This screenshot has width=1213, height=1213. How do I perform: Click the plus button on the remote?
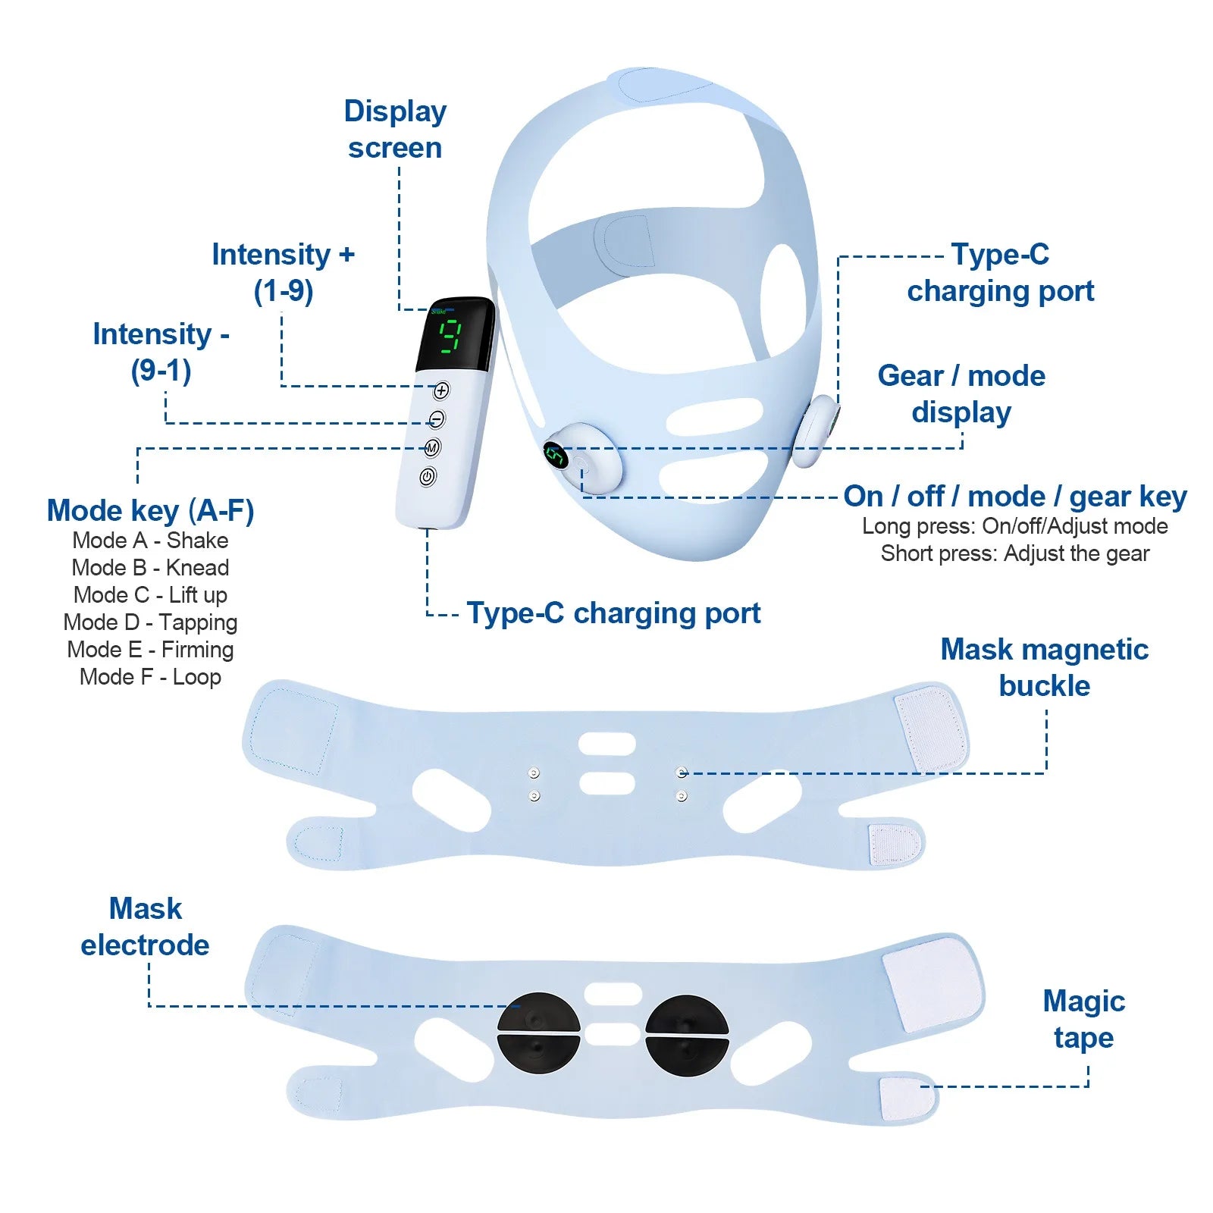(441, 390)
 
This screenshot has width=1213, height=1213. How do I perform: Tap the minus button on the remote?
(437, 419)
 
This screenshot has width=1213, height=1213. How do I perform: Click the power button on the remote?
(428, 477)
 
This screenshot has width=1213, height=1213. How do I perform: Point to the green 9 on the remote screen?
(451, 336)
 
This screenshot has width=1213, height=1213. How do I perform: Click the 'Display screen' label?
(395, 129)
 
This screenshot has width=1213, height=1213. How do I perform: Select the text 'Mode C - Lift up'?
(150, 595)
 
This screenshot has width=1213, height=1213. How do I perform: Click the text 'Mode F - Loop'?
(150, 677)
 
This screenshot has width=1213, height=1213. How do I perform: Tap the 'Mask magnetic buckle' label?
(1044, 667)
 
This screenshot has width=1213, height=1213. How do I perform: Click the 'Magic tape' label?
(1083, 1019)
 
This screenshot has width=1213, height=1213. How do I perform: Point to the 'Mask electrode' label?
(145, 926)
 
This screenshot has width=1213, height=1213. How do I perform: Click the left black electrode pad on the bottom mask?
(538, 1033)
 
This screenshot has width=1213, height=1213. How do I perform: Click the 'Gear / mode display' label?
(961, 393)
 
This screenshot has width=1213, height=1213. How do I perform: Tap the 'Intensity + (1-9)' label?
(283, 272)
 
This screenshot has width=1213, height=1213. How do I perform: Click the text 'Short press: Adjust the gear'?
(1014, 553)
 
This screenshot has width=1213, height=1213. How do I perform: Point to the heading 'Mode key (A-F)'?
(150, 510)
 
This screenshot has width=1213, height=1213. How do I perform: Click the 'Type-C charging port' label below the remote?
(613, 613)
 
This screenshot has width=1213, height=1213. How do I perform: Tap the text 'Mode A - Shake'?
(150, 541)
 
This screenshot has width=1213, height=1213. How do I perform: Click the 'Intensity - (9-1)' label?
(161, 352)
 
